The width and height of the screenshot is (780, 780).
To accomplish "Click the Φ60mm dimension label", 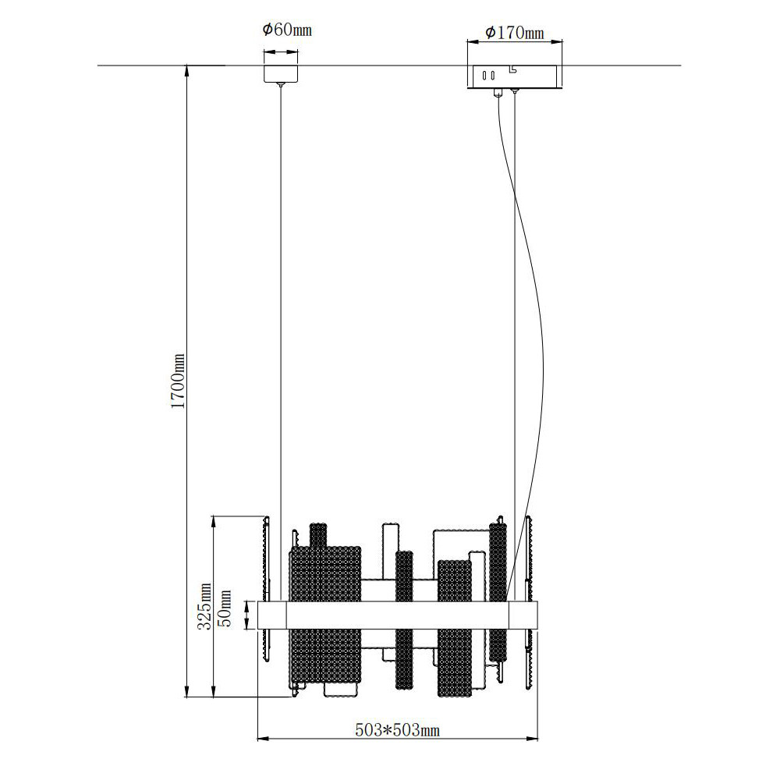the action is [287, 30].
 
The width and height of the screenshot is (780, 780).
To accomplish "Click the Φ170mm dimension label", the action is [514, 33].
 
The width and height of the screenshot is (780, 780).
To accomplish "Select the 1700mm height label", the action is [178, 381].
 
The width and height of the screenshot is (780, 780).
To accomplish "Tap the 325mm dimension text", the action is [204, 606].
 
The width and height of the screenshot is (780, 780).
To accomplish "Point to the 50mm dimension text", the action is [225, 608].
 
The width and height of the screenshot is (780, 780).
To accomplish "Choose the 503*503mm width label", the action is [398, 730].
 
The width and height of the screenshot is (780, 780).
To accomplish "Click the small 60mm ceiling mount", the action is [281, 73].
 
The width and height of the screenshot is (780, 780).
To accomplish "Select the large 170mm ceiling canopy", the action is [515, 76].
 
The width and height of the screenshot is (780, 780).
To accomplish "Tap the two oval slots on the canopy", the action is [488, 76].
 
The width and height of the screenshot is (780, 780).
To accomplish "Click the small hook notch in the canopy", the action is [512, 69].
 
